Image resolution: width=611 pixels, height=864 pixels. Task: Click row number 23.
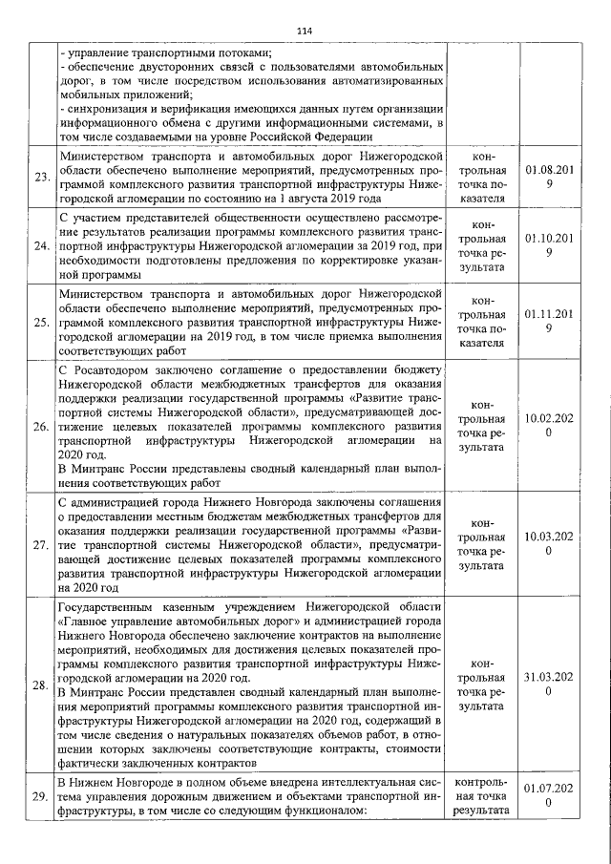click(41, 178)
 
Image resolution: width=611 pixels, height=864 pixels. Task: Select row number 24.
click(41, 246)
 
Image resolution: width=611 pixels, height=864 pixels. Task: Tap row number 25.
click(41, 323)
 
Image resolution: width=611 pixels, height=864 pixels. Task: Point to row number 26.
click(41, 426)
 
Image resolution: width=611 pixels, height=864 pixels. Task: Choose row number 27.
click(41, 545)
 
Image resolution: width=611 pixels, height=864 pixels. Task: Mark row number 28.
click(41, 685)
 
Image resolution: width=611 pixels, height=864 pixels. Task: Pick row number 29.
click(41, 796)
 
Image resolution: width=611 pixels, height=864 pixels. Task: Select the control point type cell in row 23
click(481, 178)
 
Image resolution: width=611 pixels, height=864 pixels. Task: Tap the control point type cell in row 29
click(481, 796)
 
